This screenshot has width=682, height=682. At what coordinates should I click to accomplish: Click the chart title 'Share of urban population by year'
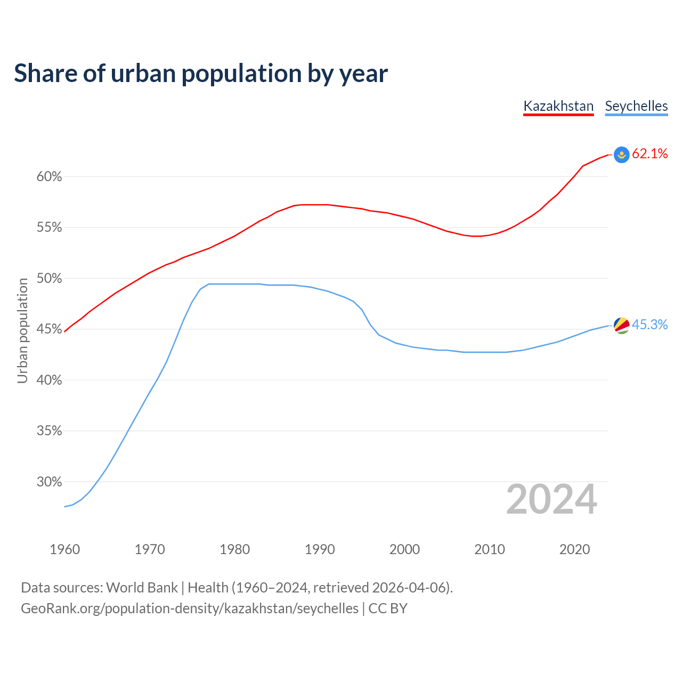tap(201, 74)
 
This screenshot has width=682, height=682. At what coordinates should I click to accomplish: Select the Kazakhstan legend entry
tap(558, 106)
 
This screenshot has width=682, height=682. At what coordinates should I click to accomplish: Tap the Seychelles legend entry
tap(636, 106)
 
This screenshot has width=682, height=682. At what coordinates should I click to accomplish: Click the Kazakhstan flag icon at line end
tap(622, 155)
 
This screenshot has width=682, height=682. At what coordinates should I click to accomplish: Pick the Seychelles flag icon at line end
tap(622, 325)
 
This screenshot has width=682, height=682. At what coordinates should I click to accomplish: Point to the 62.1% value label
tap(650, 154)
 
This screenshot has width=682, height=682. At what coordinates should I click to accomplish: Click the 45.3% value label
tap(650, 325)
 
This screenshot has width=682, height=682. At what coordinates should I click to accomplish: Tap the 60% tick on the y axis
tap(50, 177)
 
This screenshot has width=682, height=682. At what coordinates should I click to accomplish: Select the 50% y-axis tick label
tap(50, 279)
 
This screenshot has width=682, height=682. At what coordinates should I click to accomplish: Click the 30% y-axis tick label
tap(50, 482)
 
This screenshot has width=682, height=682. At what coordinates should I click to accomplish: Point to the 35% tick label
tap(50, 431)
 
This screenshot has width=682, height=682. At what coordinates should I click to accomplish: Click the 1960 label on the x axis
tap(65, 549)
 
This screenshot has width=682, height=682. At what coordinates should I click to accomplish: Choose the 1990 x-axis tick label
tap(320, 549)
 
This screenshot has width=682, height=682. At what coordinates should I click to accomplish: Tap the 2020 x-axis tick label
tap(574, 549)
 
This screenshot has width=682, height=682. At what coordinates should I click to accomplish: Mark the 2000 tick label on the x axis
tap(404, 549)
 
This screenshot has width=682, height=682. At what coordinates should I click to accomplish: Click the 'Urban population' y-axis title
tap(22, 330)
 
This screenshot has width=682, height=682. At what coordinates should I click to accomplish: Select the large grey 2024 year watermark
tap(551, 500)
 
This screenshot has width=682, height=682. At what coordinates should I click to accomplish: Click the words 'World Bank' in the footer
tap(142, 588)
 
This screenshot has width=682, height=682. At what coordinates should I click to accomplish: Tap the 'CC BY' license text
tap(388, 608)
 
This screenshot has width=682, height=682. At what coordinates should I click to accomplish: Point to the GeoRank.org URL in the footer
tap(190, 608)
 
